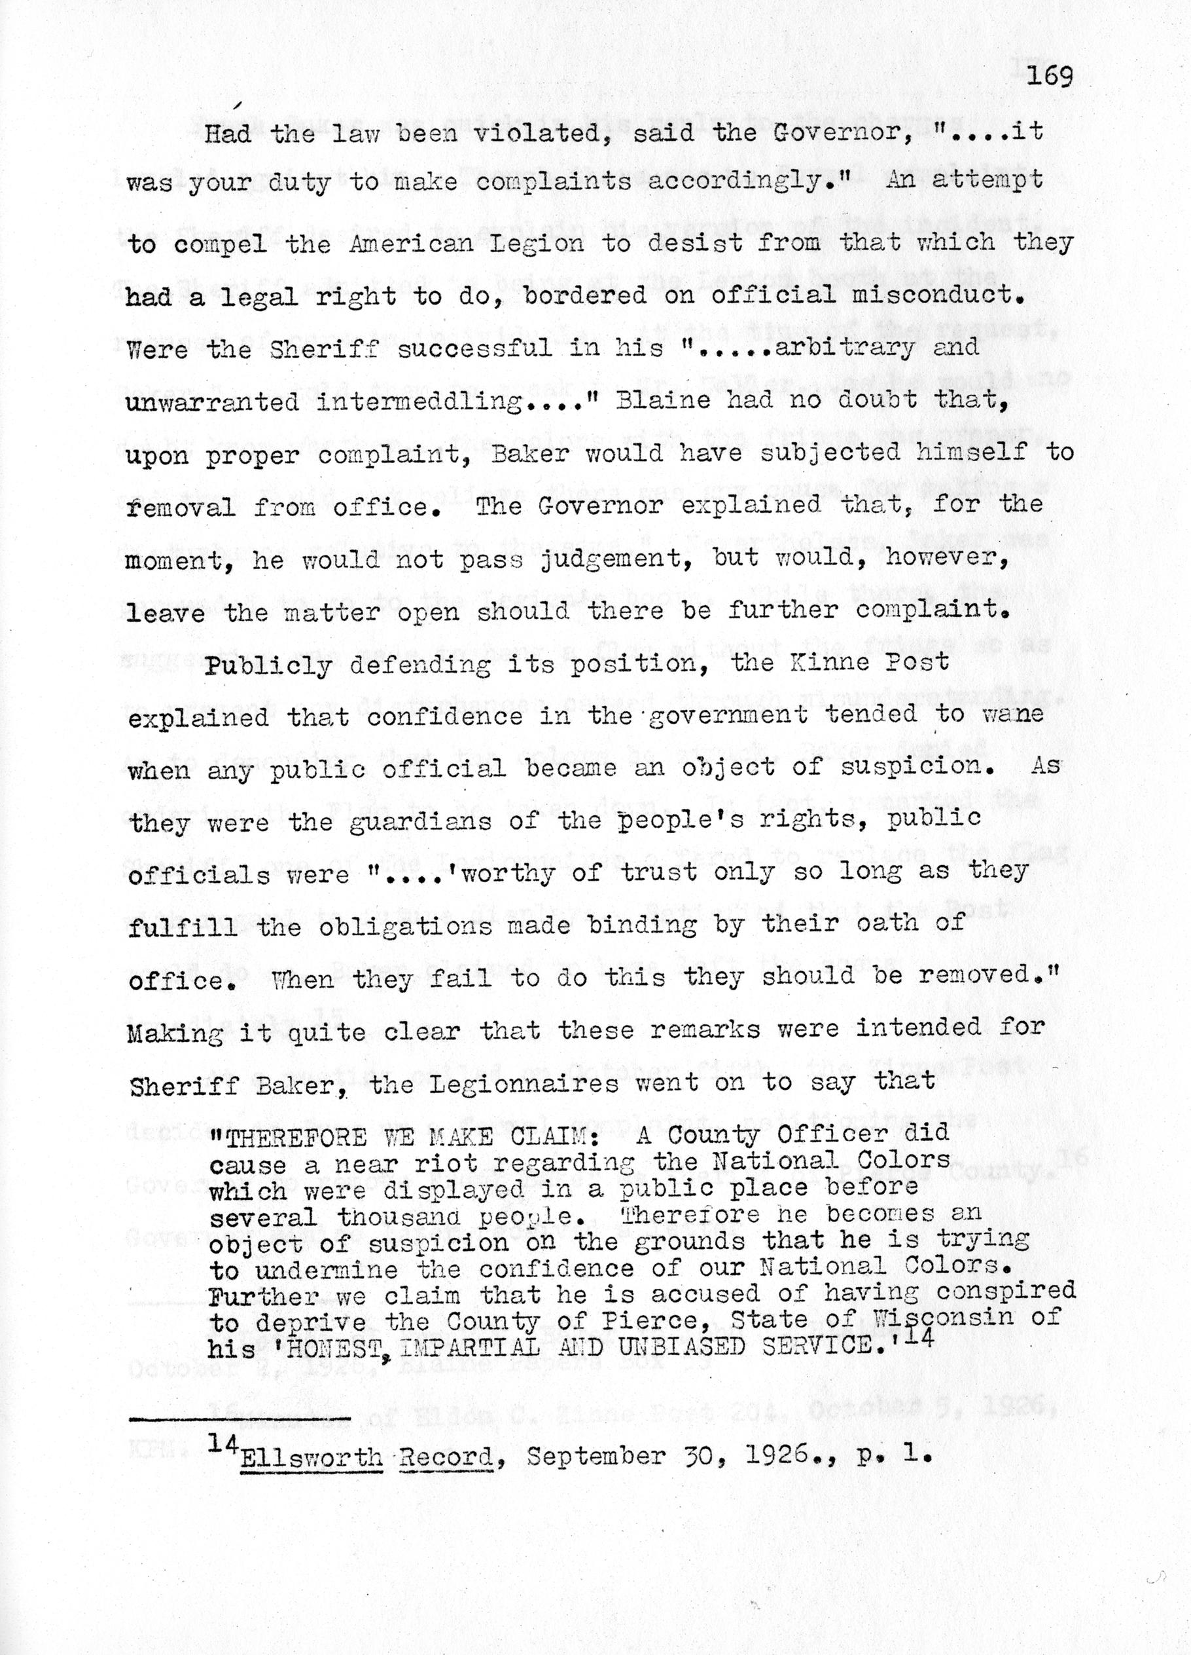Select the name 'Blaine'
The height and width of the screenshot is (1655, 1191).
coord(664,401)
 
